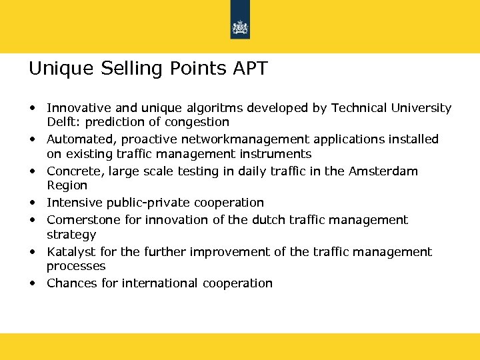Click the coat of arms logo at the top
(x=240, y=27)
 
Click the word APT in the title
(x=248, y=69)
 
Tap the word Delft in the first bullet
(x=61, y=122)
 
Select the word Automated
(x=75, y=139)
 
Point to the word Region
(x=67, y=185)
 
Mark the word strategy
(x=71, y=235)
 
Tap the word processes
(x=76, y=266)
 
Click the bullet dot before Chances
(x=32, y=283)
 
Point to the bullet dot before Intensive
(x=32, y=202)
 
